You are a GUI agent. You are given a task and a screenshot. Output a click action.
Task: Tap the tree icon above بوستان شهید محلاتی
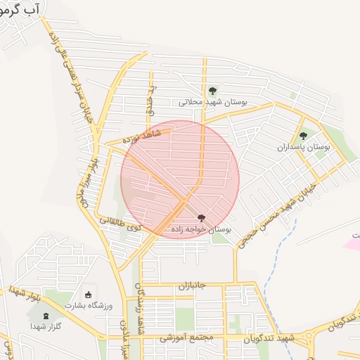[212, 91]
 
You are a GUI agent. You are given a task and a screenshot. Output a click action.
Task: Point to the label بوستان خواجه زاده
[201, 230]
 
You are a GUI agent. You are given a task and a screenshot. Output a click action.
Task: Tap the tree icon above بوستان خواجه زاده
[202, 219]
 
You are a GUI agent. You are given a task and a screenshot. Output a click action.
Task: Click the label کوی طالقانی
[120, 224]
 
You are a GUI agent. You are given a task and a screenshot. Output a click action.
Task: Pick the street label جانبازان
[190, 286]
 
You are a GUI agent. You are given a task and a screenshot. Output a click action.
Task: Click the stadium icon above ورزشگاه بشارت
[89, 295]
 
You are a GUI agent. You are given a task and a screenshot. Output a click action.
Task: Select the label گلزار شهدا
[47, 327]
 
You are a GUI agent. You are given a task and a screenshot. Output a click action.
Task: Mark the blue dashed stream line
[281, 267]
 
